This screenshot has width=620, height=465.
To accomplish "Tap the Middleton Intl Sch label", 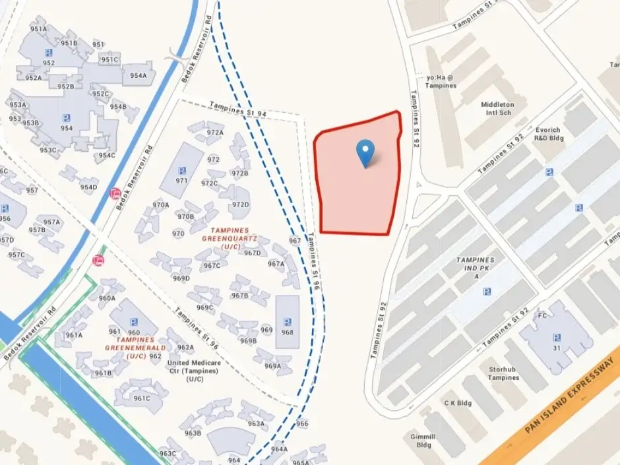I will pyautogui.click(x=497, y=109).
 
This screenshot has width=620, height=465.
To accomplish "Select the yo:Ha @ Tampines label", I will pyautogui.click(x=441, y=80).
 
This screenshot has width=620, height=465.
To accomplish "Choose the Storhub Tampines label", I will pyautogui.click(x=503, y=373).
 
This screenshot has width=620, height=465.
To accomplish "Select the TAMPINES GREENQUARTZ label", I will pyautogui.click(x=229, y=241).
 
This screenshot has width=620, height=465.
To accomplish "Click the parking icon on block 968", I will pyautogui.click(x=287, y=322).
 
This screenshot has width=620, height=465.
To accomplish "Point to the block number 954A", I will pyautogui.click(x=139, y=75).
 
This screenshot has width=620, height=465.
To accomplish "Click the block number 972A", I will pyautogui.click(x=215, y=132).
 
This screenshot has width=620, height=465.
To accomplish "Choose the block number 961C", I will pyautogui.click(x=142, y=398).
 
